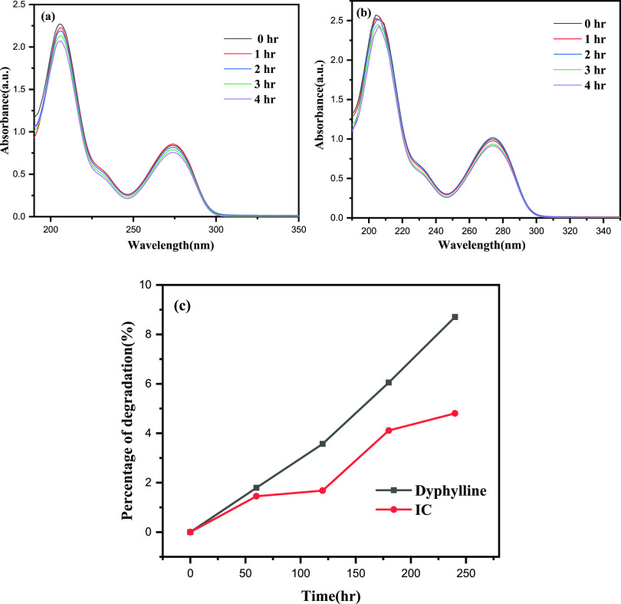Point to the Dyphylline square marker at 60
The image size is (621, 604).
click(x=256, y=487)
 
